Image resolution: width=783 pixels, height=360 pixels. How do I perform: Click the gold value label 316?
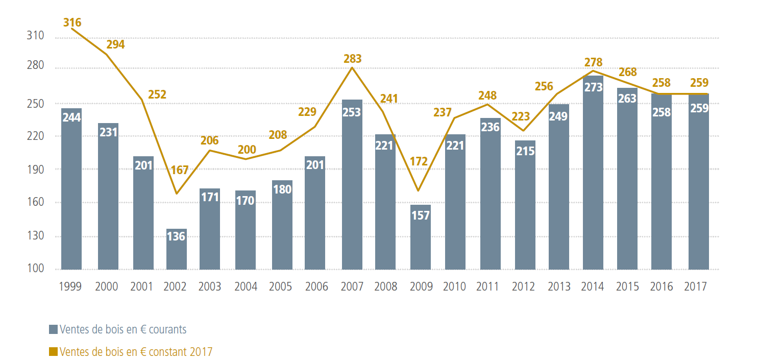click(x=72, y=22)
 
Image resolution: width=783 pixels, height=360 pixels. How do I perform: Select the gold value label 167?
click(x=180, y=170)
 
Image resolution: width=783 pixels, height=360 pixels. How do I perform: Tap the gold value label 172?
click(x=419, y=162)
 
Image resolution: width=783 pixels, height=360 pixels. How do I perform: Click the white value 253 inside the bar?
click(x=352, y=112)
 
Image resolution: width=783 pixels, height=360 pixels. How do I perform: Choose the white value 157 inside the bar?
click(x=421, y=215)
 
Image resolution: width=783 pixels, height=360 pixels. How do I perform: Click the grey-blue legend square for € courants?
click(x=53, y=329)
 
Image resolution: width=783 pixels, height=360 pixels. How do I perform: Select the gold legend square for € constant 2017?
click(x=53, y=352)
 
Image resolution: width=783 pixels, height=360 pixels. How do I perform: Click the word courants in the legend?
click(x=169, y=329)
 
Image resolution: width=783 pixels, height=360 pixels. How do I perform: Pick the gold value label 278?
click(x=593, y=62)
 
